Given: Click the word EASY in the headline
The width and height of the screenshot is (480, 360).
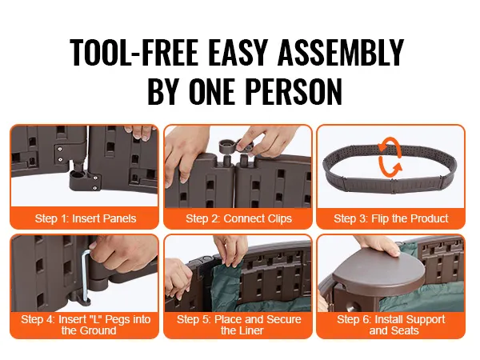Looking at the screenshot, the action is [238, 52].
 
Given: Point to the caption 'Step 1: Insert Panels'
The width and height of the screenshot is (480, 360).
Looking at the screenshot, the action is [86, 218].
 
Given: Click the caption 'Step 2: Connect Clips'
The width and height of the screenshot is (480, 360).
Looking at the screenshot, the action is [238, 218].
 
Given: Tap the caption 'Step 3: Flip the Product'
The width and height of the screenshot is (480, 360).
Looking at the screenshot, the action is [391, 218].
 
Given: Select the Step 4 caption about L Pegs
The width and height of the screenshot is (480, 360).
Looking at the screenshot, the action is [86, 325].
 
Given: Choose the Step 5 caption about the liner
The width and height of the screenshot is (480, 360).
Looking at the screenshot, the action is [238, 325].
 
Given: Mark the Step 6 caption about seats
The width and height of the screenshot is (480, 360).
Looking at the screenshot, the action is [391, 325].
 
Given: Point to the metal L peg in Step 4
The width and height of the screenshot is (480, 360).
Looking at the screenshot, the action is [86, 275].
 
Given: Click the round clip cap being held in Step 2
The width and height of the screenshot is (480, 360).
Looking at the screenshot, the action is [227, 146].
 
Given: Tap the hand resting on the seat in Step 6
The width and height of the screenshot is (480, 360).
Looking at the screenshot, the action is [378, 245].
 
